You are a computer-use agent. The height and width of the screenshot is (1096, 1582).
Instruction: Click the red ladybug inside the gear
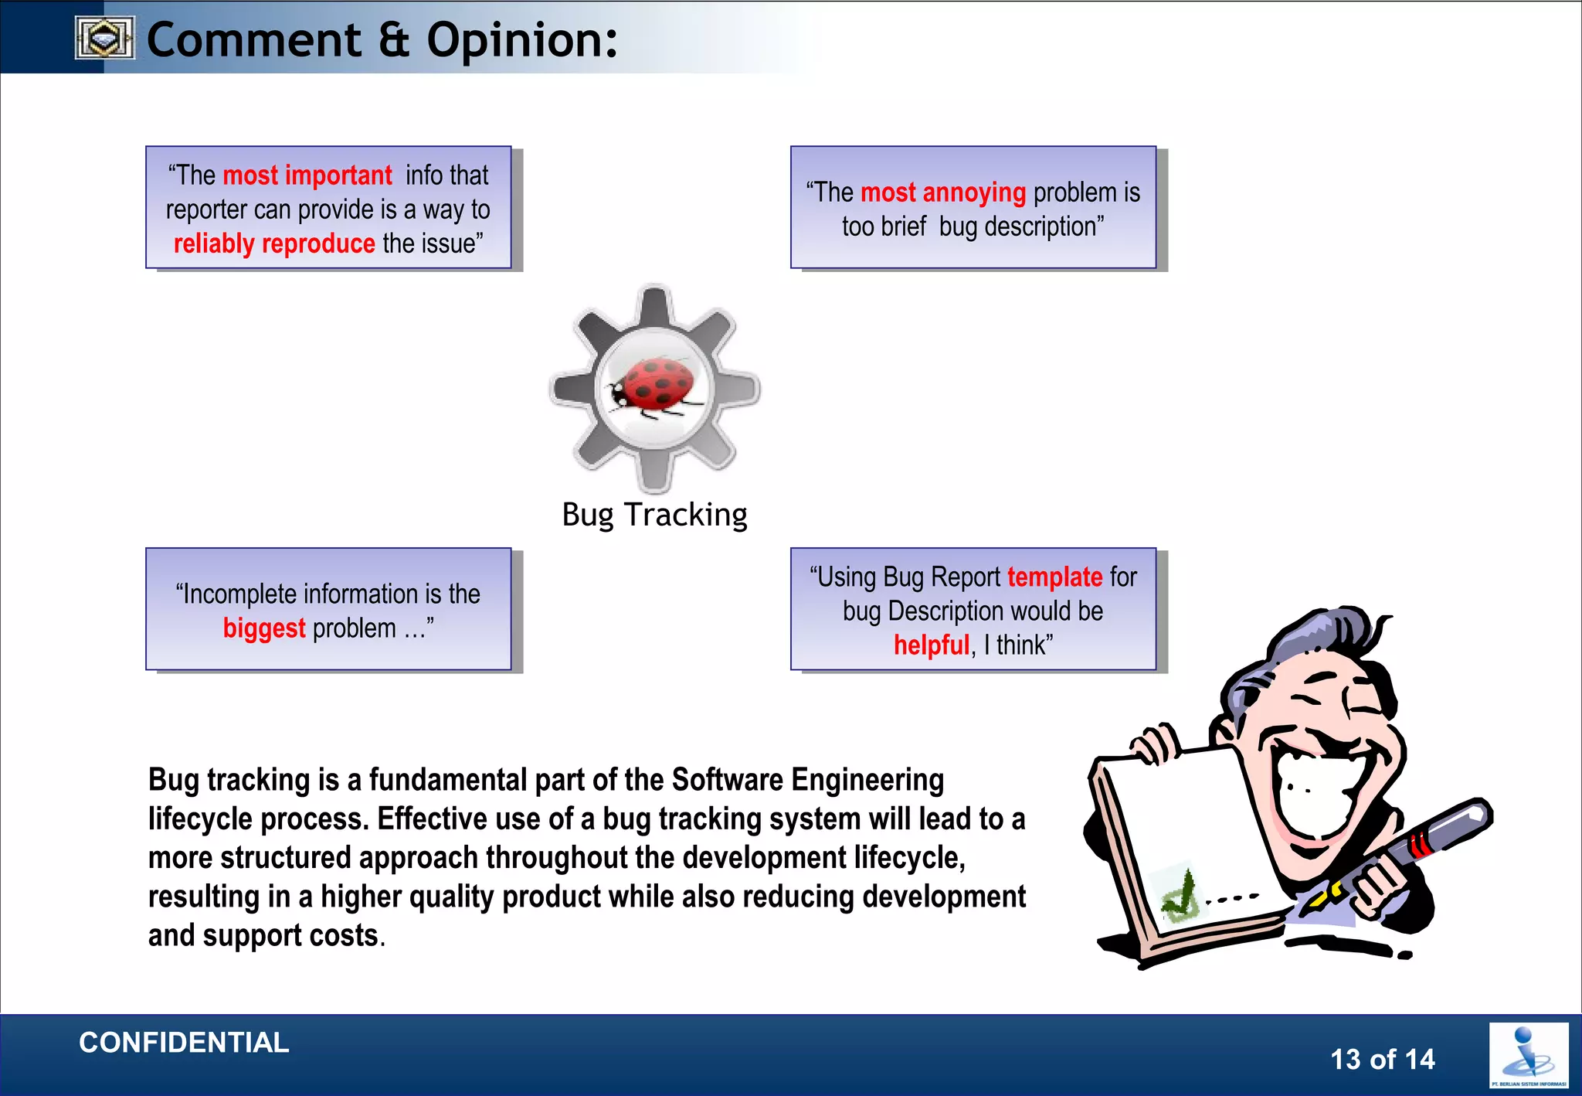(x=657, y=384)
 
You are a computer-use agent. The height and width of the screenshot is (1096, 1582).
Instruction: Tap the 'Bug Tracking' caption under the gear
(x=654, y=515)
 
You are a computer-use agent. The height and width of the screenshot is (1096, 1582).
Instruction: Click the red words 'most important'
(x=307, y=175)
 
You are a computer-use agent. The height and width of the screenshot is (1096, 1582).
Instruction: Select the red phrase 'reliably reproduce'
(x=274, y=243)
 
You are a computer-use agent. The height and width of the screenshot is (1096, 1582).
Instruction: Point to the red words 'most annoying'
(x=942, y=192)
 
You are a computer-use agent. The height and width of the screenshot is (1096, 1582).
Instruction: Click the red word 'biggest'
(x=264, y=628)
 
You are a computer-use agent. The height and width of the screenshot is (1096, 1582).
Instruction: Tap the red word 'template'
(x=1054, y=577)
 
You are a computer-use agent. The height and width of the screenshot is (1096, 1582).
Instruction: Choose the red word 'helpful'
(x=931, y=645)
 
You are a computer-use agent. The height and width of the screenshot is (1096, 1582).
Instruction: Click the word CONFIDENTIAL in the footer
(x=184, y=1043)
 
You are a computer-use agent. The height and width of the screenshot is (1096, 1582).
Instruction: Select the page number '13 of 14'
(x=1382, y=1059)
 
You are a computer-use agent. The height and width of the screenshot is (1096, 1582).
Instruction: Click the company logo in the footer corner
(x=1528, y=1056)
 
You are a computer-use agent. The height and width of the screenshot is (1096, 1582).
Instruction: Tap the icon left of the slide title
(x=105, y=38)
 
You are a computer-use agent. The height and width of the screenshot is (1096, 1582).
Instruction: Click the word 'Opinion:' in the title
(x=522, y=40)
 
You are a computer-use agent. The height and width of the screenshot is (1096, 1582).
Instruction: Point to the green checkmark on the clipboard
(x=1180, y=897)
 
